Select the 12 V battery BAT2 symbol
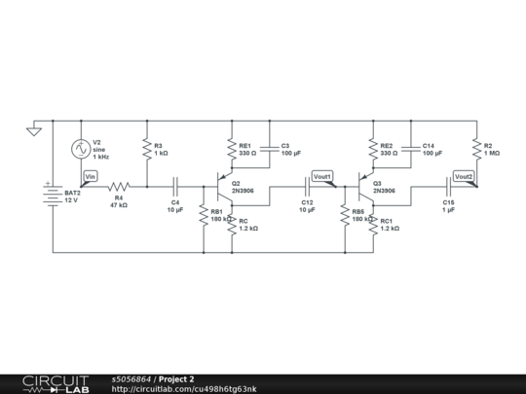coord(52,194)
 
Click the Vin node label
coord(91,175)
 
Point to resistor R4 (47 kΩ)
coord(118,186)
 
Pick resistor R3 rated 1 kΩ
coord(146,150)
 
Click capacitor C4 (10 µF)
coord(175,186)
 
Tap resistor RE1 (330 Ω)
coord(231,149)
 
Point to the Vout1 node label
coord(321,176)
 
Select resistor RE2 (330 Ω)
coord(372,149)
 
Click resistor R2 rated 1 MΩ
coord(475,149)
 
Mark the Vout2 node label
coord(464,176)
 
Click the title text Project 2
coord(176,378)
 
